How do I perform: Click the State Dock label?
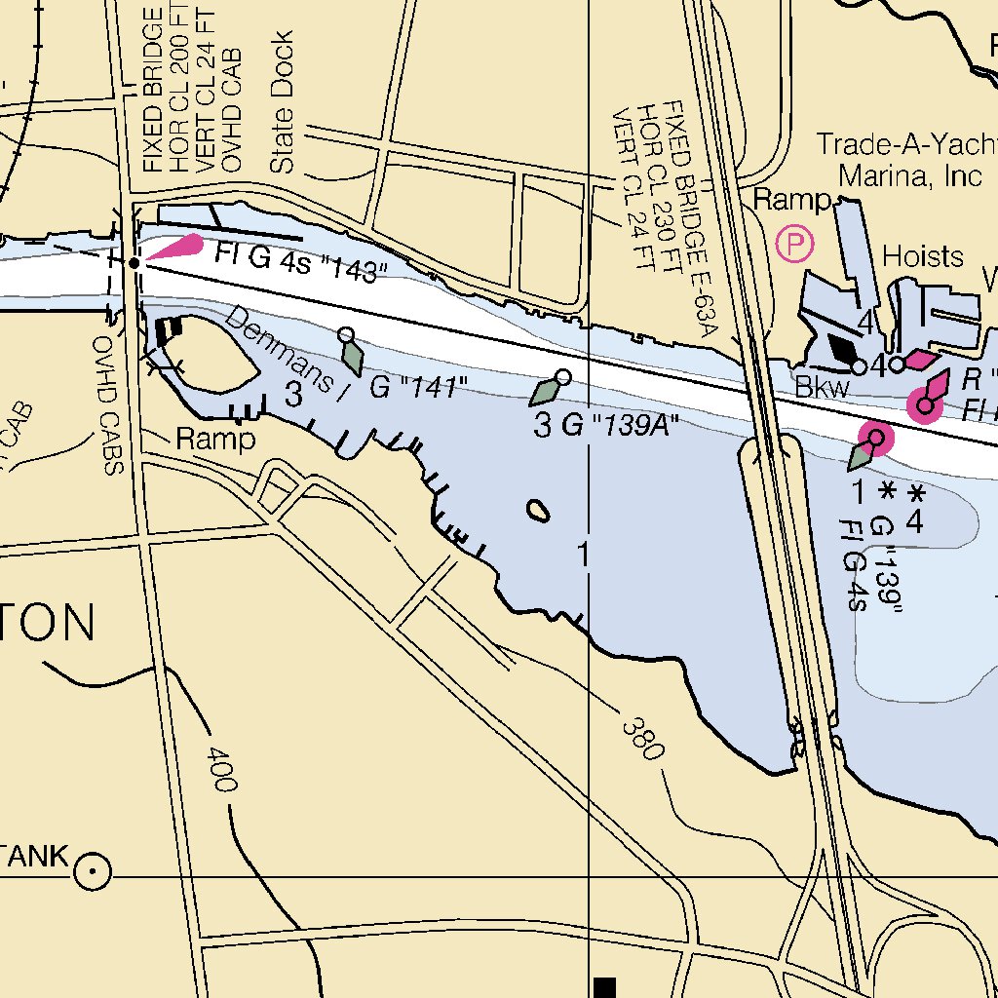[x=282, y=102]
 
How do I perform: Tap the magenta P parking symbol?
[x=796, y=244]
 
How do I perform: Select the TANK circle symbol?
[x=94, y=870]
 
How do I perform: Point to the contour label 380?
[x=643, y=739]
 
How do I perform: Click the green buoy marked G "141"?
[x=353, y=357]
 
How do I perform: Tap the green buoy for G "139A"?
[x=544, y=392]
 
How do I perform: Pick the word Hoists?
[x=922, y=256]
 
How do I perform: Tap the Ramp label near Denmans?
[x=215, y=440]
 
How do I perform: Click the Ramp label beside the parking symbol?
[x=790, y=201]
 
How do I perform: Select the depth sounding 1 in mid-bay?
[x=583, y=556]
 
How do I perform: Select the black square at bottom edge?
[x=605, y=986]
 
